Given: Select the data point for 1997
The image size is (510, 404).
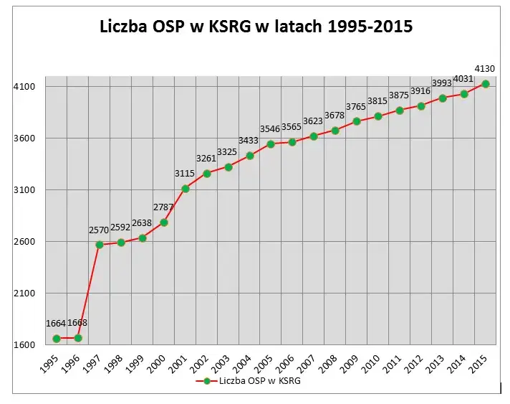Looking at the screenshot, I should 100,245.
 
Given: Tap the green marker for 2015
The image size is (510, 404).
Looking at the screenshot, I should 486,84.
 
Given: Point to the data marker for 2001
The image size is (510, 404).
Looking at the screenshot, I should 186,189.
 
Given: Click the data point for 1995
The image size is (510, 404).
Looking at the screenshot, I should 57,338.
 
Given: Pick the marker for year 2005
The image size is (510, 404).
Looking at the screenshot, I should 271,144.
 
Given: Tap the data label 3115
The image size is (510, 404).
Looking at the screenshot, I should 184,173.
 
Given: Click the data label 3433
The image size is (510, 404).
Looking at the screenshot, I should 249,141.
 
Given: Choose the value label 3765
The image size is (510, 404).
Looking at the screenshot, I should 356,106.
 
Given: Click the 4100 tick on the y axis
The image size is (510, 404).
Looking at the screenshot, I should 24,87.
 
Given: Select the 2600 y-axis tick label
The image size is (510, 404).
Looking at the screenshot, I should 24,242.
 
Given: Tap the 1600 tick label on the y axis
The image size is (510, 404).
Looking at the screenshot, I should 24,345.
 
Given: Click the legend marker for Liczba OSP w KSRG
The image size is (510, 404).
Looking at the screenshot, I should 206,381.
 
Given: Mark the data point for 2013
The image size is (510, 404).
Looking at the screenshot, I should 443,98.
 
